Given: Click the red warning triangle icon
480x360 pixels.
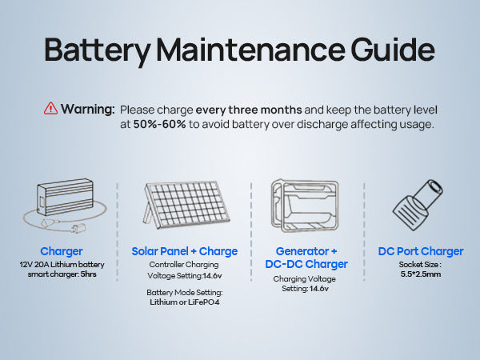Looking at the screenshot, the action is pyautogui.click(x=50, y=109).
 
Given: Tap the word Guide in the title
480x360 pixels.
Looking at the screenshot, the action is pyautogui.click(x=393, y=50).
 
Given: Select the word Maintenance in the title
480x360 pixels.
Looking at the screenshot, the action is pyautogui.click(x=250, y=50).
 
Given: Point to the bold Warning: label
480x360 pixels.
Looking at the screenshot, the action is pyautogui.click(x=87, y=109).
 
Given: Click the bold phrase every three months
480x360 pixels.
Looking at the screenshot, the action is pyautogui.click(x=249, y=110).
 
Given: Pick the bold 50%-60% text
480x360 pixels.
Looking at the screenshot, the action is pyautogui.click(x=159, y=124).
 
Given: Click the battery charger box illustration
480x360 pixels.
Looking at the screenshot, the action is pyautogui.click(x=66, y=197).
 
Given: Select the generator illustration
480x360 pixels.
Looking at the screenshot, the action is pyautogui.click(x=305, y=205).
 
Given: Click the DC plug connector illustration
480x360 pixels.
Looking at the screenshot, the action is pyautogui.click(x=418, y=205).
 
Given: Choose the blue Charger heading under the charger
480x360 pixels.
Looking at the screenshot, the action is pyautogui.click(x=62, y=251).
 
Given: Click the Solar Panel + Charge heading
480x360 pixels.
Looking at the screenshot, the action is pyautogui.click(x=185, y=251).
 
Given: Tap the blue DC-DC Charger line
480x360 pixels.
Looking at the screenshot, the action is pyautogui.click(x=306, y=264).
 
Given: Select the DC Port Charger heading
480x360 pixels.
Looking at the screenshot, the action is pyautogui.click(x=421, y=251).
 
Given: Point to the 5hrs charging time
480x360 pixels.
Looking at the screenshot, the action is pyautogui.click(x=88, y=274).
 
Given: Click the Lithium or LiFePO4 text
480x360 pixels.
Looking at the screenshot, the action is pyautogui.click(x=185, y=302).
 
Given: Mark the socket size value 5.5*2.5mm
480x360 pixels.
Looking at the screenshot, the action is pyautogui.click(x=421, y=274).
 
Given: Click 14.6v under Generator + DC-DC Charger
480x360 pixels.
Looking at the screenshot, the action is pyautogui.click(x=319, y=289).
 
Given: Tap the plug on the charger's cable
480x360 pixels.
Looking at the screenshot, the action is pyautogui.click(x=78, y=228).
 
